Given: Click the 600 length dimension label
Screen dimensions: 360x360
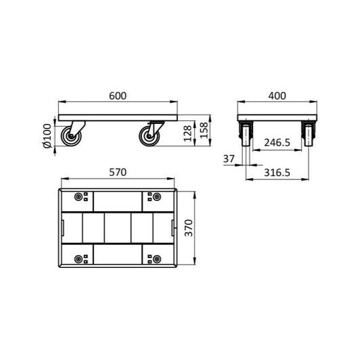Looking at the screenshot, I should tap(118, 96).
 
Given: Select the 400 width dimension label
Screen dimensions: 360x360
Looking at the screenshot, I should tap(276, 96).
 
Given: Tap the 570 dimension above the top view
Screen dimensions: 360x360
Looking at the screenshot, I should tap(118, 173).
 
